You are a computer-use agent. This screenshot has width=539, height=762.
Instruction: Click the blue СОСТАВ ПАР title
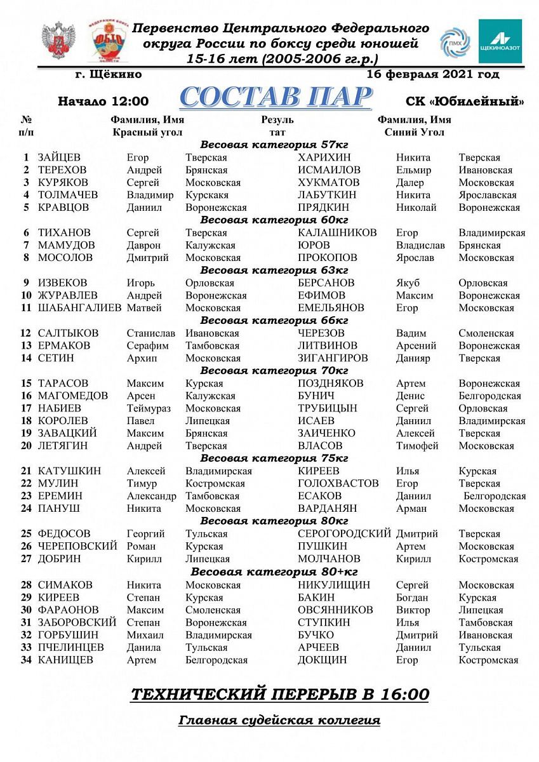(275, 97)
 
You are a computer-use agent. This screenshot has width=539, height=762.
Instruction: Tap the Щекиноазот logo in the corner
(500, 41)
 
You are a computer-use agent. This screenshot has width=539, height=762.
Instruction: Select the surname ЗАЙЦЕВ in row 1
(59, 157)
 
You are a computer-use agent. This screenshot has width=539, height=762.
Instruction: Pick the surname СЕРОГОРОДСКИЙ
(343, 534)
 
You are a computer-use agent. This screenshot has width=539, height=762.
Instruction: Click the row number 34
(26, 660)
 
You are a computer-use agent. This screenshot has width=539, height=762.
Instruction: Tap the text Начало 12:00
(103, 101)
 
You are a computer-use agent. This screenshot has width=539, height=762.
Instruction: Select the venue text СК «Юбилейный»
(465, 101)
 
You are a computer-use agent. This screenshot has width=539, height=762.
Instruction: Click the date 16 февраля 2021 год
(433, 74)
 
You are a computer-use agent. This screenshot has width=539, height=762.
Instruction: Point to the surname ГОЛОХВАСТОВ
(338, 484)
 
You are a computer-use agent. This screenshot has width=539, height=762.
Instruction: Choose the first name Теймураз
(149, 409)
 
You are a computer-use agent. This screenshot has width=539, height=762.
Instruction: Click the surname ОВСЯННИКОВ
(335, 610)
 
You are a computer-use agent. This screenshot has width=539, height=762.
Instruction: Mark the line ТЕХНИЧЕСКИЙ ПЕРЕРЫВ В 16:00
(279, 695)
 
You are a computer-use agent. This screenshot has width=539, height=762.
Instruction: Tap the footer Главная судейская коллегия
(279, 721)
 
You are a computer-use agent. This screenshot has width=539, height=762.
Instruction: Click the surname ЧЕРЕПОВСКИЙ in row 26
(77, 547)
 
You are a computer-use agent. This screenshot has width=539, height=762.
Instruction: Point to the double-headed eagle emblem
(58, 42)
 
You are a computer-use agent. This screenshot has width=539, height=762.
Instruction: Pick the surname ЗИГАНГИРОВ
(333, 358)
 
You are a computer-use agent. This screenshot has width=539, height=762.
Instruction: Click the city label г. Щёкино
(108, 74)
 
